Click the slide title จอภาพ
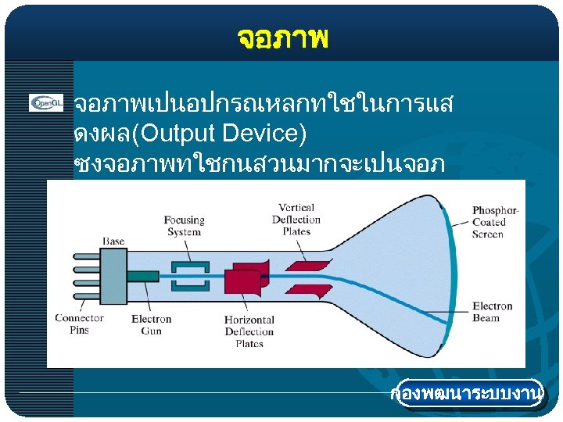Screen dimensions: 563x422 [281, 37]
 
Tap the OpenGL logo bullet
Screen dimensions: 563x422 [46, 103]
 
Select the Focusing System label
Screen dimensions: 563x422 [185, 226]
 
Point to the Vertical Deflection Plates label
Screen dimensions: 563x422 [296, 219]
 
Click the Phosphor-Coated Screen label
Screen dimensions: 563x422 [494, 222]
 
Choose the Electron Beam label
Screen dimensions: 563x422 [492, 312]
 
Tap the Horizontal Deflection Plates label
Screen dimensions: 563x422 [249, 331]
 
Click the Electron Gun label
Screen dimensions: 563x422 [151, 324]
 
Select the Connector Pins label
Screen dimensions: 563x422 [79, 324]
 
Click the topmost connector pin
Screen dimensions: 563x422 [87, 256]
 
